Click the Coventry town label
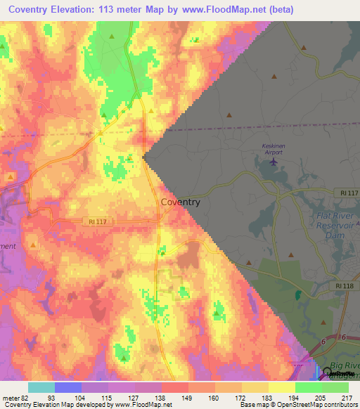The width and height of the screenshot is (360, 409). coord(181,202)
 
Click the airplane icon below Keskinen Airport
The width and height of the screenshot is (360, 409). coord(273,164)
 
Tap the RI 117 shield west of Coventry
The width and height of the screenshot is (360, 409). coord(98,221)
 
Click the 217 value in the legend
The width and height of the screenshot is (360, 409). coord(348,397)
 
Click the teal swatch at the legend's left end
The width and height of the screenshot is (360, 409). coord(41,387)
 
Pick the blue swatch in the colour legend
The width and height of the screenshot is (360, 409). coord(67,387)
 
